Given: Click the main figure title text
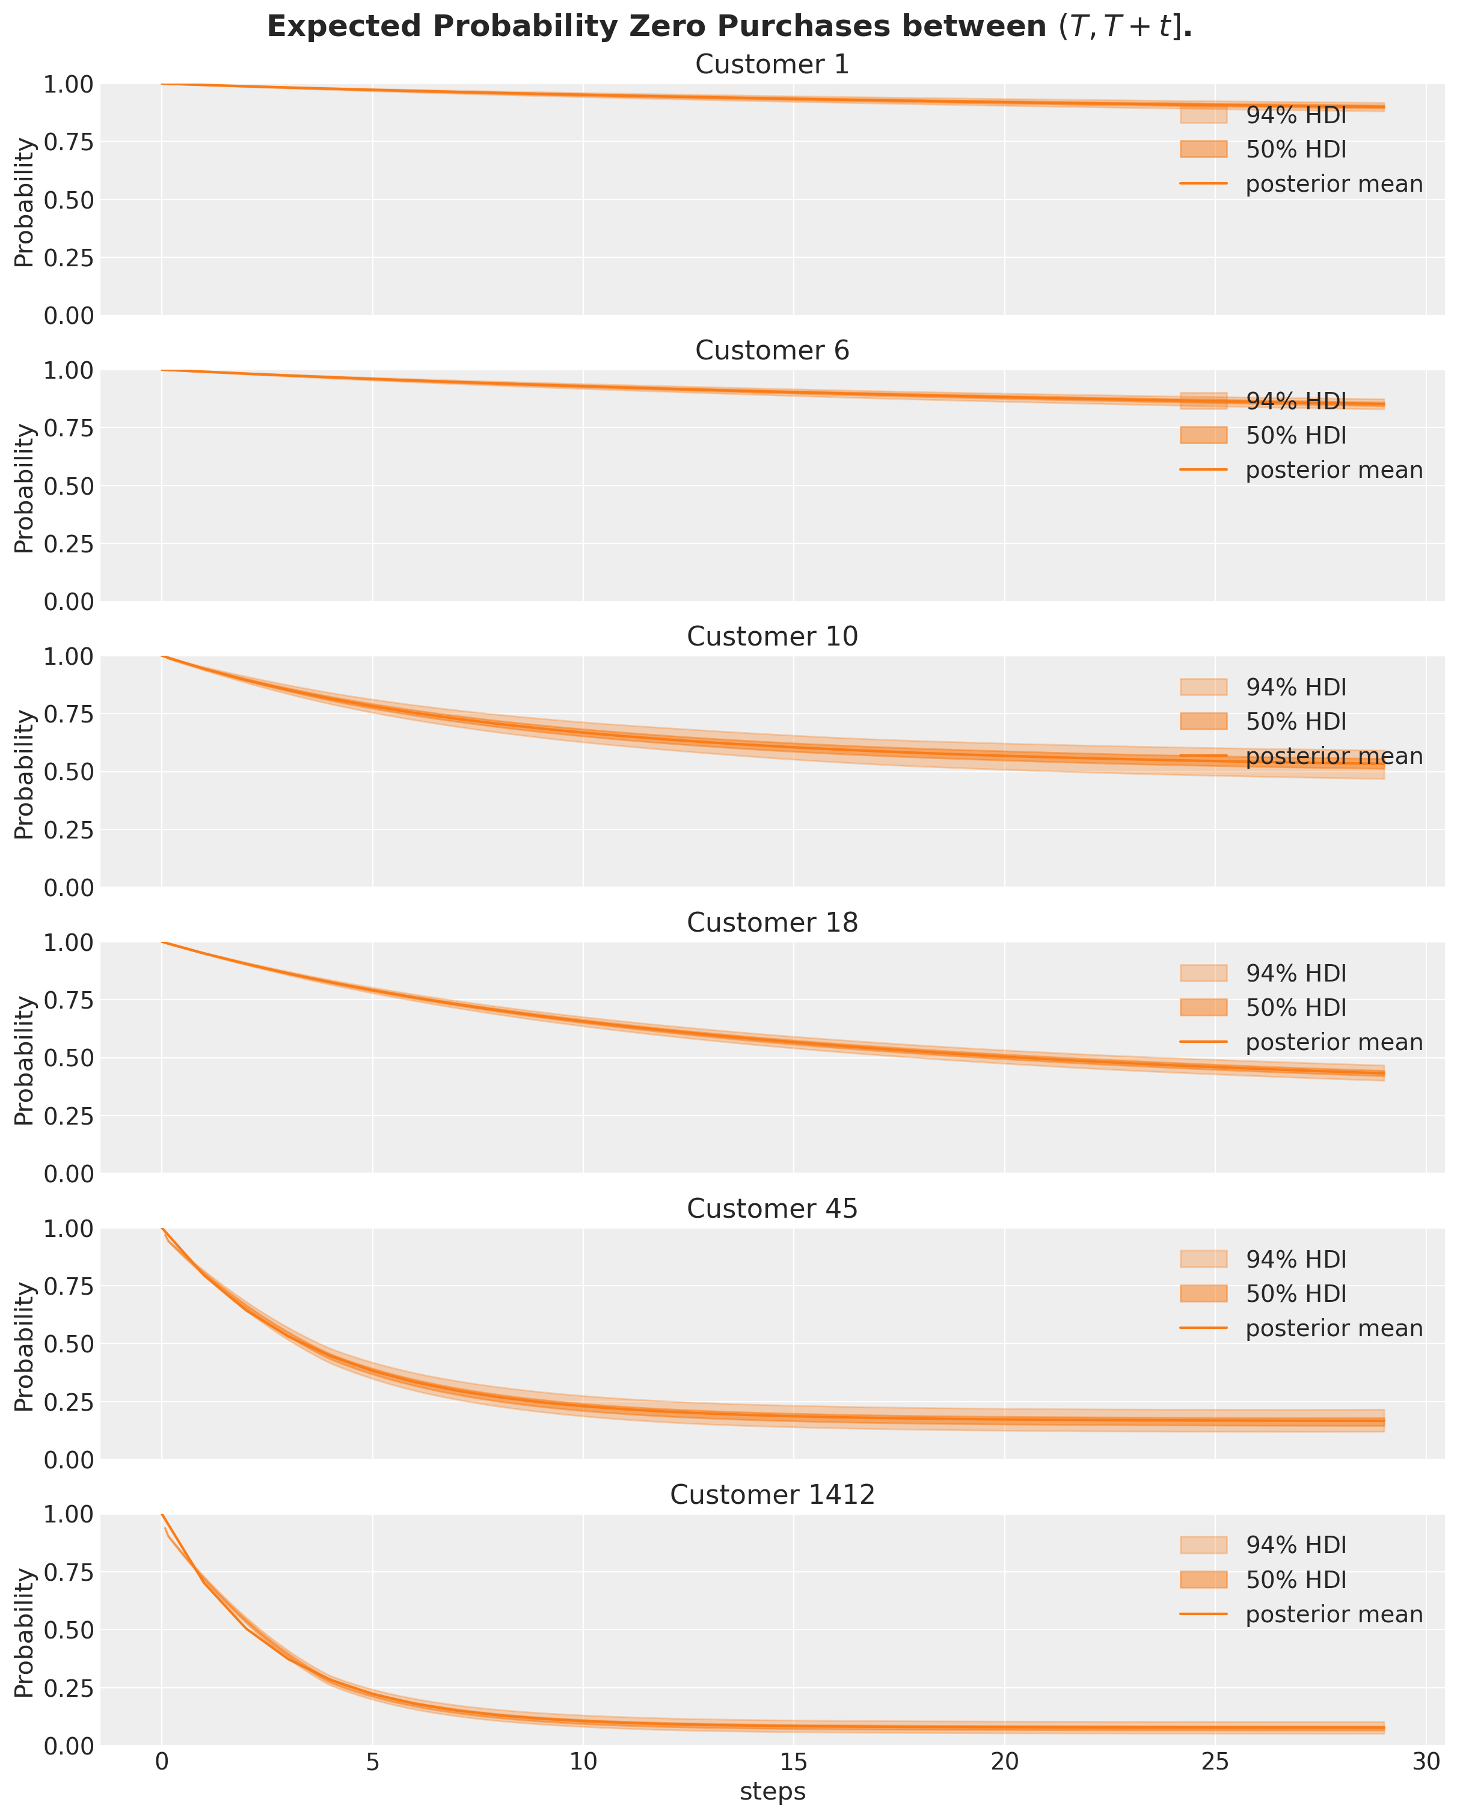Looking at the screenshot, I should (x=729, y=27).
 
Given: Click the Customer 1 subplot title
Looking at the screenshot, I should (x=771, y=65).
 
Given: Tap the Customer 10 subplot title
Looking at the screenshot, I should (x=771, y=637).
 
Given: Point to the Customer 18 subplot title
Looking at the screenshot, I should (x=771, y=923).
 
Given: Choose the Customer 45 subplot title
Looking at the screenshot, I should (x=771, y=1209).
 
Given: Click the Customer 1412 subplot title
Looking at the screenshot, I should (x=771, y=1494).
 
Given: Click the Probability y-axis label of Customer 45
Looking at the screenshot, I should (x=25, y=1343).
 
